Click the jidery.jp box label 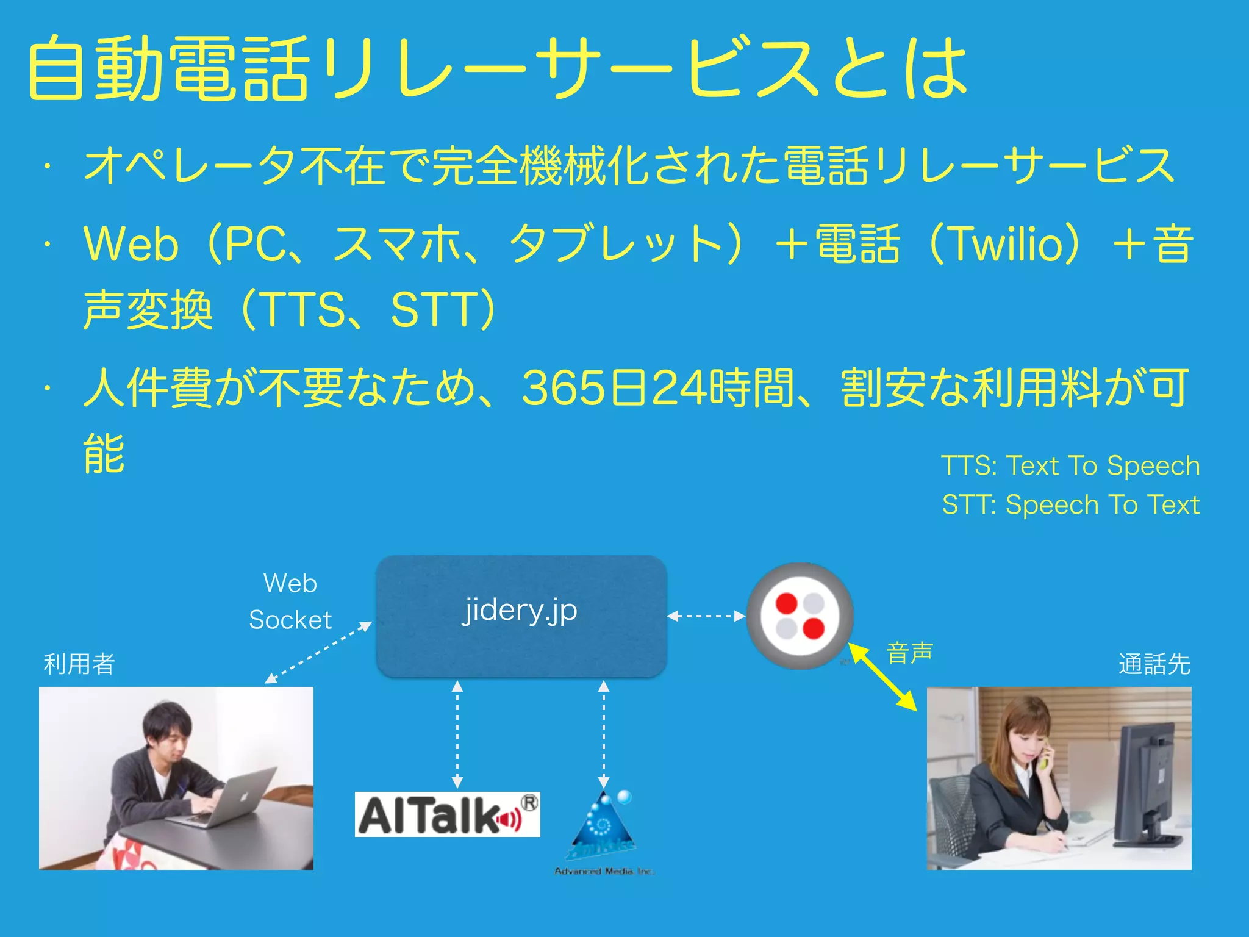point(520,610)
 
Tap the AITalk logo point(447,815)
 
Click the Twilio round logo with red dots point(800,616)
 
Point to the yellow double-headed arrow point(883,678)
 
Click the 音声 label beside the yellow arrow point(909,653)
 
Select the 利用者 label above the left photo point(79,664)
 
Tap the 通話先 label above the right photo point(1154,664)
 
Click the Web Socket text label point(290,601)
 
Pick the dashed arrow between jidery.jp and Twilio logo point(706,616)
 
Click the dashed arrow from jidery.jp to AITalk point(457,734)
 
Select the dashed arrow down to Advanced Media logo point(604,734)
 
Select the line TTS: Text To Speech point(1070,466)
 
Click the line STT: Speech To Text point(1070,505)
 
